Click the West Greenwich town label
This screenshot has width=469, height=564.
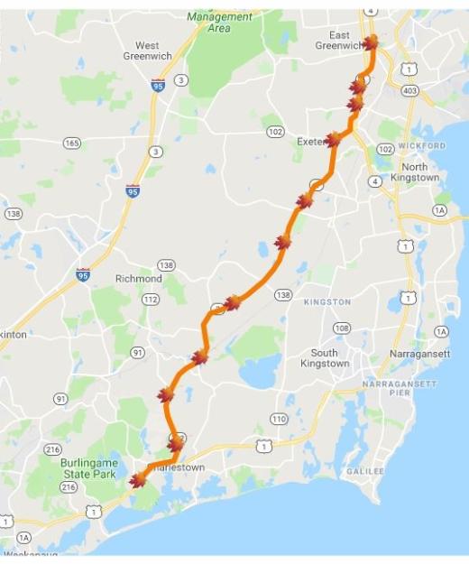147,51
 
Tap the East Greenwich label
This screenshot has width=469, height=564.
336,40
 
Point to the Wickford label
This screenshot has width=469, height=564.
422,145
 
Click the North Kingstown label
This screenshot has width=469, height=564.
414,172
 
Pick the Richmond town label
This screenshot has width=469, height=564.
138,279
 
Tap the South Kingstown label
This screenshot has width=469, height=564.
324,358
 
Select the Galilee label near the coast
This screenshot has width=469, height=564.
364,471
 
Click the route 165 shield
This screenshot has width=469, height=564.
71,143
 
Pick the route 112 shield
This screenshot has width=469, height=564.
150,299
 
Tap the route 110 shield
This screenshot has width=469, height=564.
279,419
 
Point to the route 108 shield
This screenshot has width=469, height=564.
342,328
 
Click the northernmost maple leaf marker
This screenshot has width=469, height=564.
370,42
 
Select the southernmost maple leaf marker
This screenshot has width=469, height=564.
137,480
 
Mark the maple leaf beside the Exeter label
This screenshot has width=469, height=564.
333,140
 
